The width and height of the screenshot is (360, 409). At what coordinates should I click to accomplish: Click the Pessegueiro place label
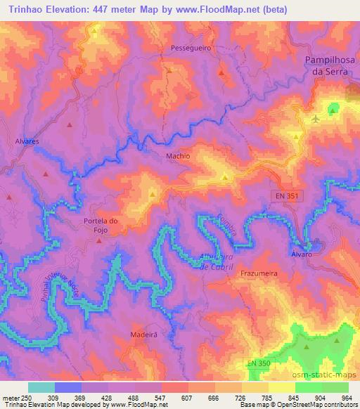(187, 48)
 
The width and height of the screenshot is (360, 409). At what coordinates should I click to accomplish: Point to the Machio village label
(178, 156)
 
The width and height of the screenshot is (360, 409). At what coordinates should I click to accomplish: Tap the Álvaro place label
(301, 254)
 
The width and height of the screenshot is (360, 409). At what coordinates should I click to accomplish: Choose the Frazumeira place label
(261, 272)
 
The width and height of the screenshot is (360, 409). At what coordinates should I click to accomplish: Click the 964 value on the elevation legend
(347, 398)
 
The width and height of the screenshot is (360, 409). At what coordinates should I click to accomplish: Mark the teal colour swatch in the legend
(41, 387)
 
